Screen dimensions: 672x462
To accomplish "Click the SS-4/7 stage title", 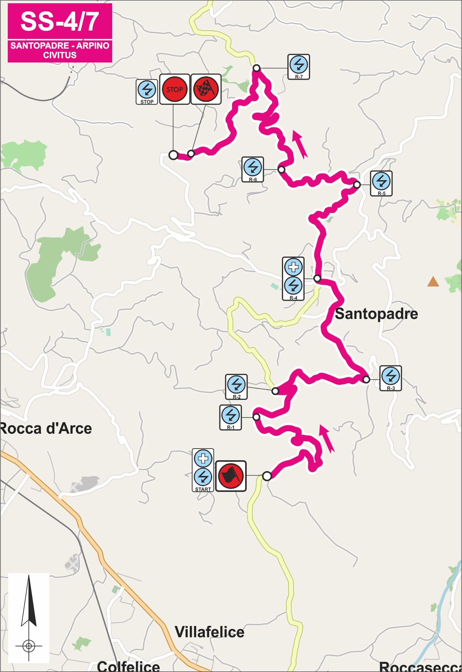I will tap(59, 21).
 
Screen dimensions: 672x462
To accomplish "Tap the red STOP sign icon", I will tap(175, 89).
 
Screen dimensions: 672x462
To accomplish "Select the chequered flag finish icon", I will tap(206, 89).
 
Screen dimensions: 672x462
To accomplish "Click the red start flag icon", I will tap(230, 476).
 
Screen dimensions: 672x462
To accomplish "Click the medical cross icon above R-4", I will tap(293, 267).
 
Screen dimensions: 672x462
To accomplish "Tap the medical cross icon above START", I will tap(203, 458).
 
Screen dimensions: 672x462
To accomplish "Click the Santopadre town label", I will tap(376, 314).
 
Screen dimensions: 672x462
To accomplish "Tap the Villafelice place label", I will tap(209, 632).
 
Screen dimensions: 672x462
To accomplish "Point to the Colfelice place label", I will tap(128, 666).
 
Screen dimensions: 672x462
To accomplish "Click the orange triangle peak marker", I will tap(433, 281).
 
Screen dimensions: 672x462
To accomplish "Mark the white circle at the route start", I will tap(267, 476).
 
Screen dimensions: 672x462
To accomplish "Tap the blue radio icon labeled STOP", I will tap(147, 90).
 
